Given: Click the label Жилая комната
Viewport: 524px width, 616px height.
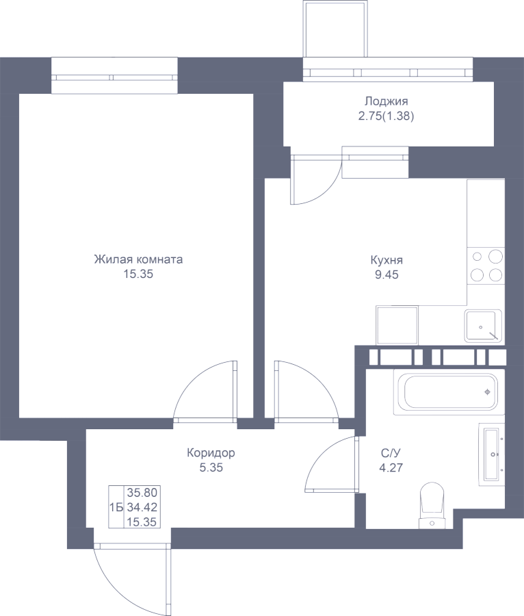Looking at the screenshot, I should [138, 260].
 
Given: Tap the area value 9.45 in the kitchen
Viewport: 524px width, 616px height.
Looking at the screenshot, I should [387, 275].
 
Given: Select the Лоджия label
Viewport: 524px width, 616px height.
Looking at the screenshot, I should [386, 101].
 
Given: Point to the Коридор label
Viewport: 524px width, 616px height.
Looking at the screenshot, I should [211, 453].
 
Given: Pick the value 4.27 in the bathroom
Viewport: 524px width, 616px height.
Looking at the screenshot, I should [391, 469].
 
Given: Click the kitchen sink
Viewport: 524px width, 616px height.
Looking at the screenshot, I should [483, 325].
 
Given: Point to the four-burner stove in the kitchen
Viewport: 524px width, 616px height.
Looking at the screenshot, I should [486, 266].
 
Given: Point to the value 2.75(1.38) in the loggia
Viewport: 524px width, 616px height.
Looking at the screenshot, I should [386, 116].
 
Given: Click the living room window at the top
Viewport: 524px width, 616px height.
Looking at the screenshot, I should [116, 75].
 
